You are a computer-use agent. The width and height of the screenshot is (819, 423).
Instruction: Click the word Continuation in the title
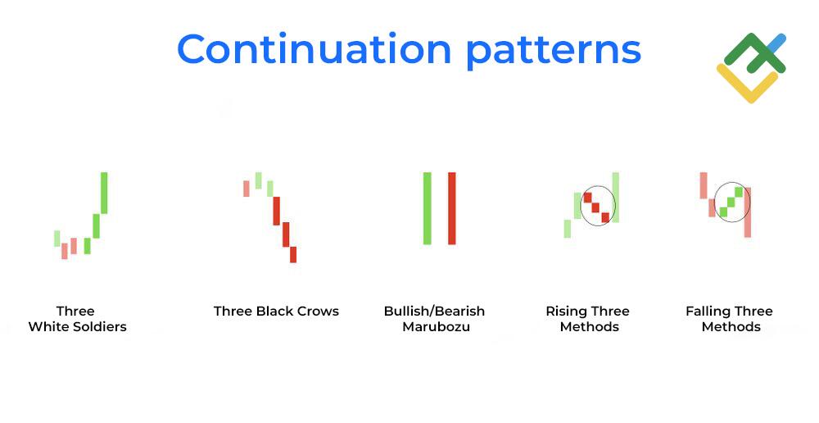(314, 48)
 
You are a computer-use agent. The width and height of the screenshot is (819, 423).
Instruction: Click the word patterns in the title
(553, 52)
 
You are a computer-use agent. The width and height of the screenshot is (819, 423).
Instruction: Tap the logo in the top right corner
(751, 67)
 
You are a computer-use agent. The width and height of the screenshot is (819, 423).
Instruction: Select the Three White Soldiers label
(77, 319)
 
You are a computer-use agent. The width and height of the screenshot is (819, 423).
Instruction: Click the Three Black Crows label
(276, 312)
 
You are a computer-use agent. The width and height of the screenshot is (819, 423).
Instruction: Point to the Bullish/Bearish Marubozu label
(435, 319)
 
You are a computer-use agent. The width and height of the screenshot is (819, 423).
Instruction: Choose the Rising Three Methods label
(588, 319)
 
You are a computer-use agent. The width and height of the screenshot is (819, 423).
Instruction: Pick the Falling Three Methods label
(729, 319)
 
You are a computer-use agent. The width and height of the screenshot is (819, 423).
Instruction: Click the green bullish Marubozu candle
(428, 208)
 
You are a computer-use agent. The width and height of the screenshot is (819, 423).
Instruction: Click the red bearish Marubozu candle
(452, 208)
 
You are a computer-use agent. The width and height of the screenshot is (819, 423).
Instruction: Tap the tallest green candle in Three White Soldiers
(104, 193)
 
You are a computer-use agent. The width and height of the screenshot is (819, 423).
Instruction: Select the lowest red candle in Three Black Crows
(293, 255)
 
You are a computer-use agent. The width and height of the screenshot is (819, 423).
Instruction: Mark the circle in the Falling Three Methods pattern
(714, 202)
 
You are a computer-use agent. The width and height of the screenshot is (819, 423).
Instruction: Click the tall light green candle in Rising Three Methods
(616, 198)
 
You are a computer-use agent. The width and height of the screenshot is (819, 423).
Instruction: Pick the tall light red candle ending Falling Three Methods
(748, 212)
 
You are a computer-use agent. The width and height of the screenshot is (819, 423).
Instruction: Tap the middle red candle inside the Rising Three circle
(595, 207)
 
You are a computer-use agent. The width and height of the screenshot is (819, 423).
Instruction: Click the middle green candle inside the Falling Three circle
(731, 202)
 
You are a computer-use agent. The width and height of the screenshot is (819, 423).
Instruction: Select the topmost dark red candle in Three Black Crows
(277, 211)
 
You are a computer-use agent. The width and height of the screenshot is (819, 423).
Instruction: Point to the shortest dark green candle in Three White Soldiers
(88, 246)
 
